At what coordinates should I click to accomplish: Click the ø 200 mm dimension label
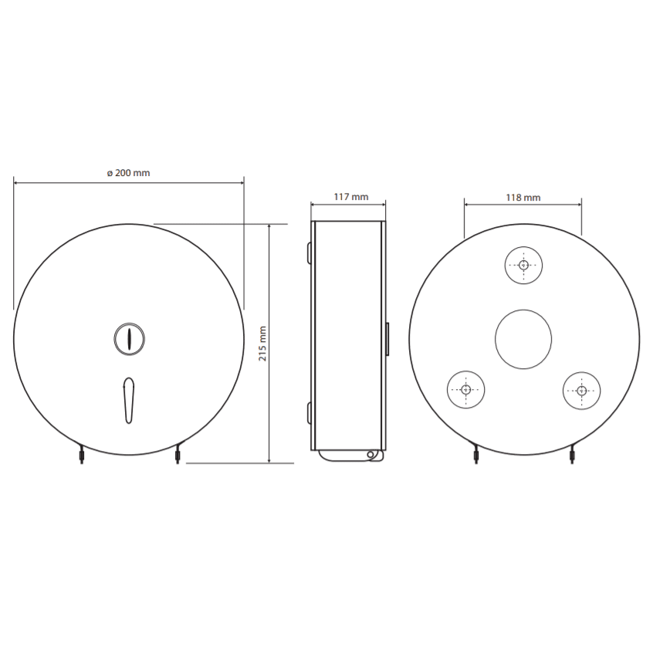(128, 173)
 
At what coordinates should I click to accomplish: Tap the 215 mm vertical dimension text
(262, 344)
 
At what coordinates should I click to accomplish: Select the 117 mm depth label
(351, 197)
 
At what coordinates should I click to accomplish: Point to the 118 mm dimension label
(523, 198)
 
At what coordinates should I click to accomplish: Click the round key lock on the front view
(129, 339)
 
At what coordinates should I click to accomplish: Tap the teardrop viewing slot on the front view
(129, 401)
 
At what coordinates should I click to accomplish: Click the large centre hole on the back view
(523, 339)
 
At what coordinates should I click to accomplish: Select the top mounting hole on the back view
(523, 266)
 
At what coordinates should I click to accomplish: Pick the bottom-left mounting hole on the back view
(465, 390)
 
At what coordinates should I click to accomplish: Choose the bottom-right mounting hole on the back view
(582, 391)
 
